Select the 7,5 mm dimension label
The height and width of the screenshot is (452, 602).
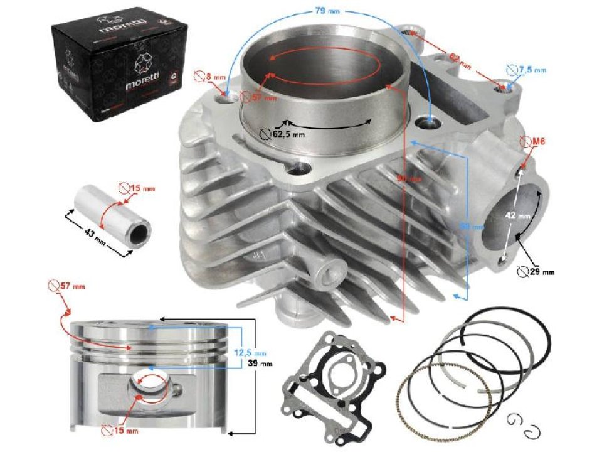point(531,70)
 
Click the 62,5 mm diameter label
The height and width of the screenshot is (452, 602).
point(288,134)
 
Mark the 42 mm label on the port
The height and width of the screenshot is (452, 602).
point(520,215)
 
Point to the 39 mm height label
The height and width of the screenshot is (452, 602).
point(263,363)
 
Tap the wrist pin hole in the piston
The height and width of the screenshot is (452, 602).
point(151,385)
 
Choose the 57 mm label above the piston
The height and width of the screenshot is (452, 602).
point(73,287)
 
